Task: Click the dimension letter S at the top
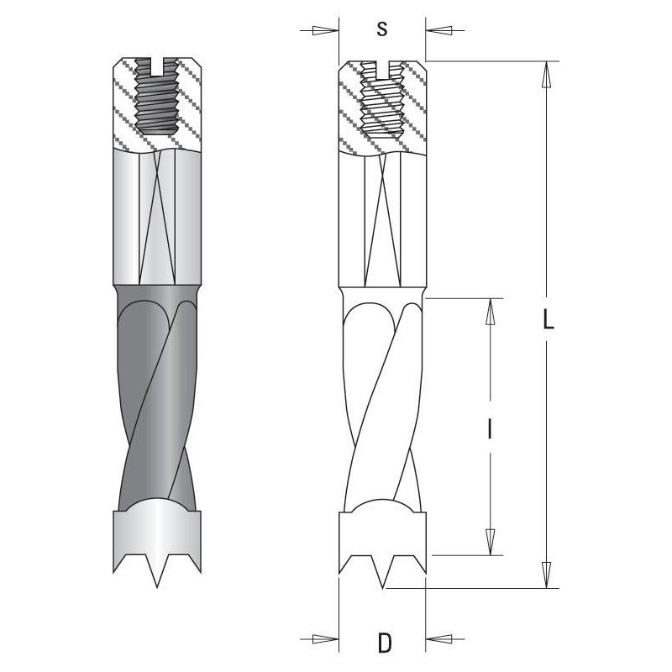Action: click(x=382, y=29)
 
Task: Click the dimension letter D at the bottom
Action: click(x=385, y=643)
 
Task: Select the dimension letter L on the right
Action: click(x=549, y=320)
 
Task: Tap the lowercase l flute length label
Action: click(x=490, y=429)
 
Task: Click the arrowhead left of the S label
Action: click(x=325, y=30)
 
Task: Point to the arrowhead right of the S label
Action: click(x=438, y=30)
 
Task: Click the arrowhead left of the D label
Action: click(x=325, y=639)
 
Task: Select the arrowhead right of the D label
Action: click(x=439, y=639)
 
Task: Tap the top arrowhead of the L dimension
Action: click(x=547, y=75)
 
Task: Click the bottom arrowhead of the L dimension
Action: click(x=547, y=575)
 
